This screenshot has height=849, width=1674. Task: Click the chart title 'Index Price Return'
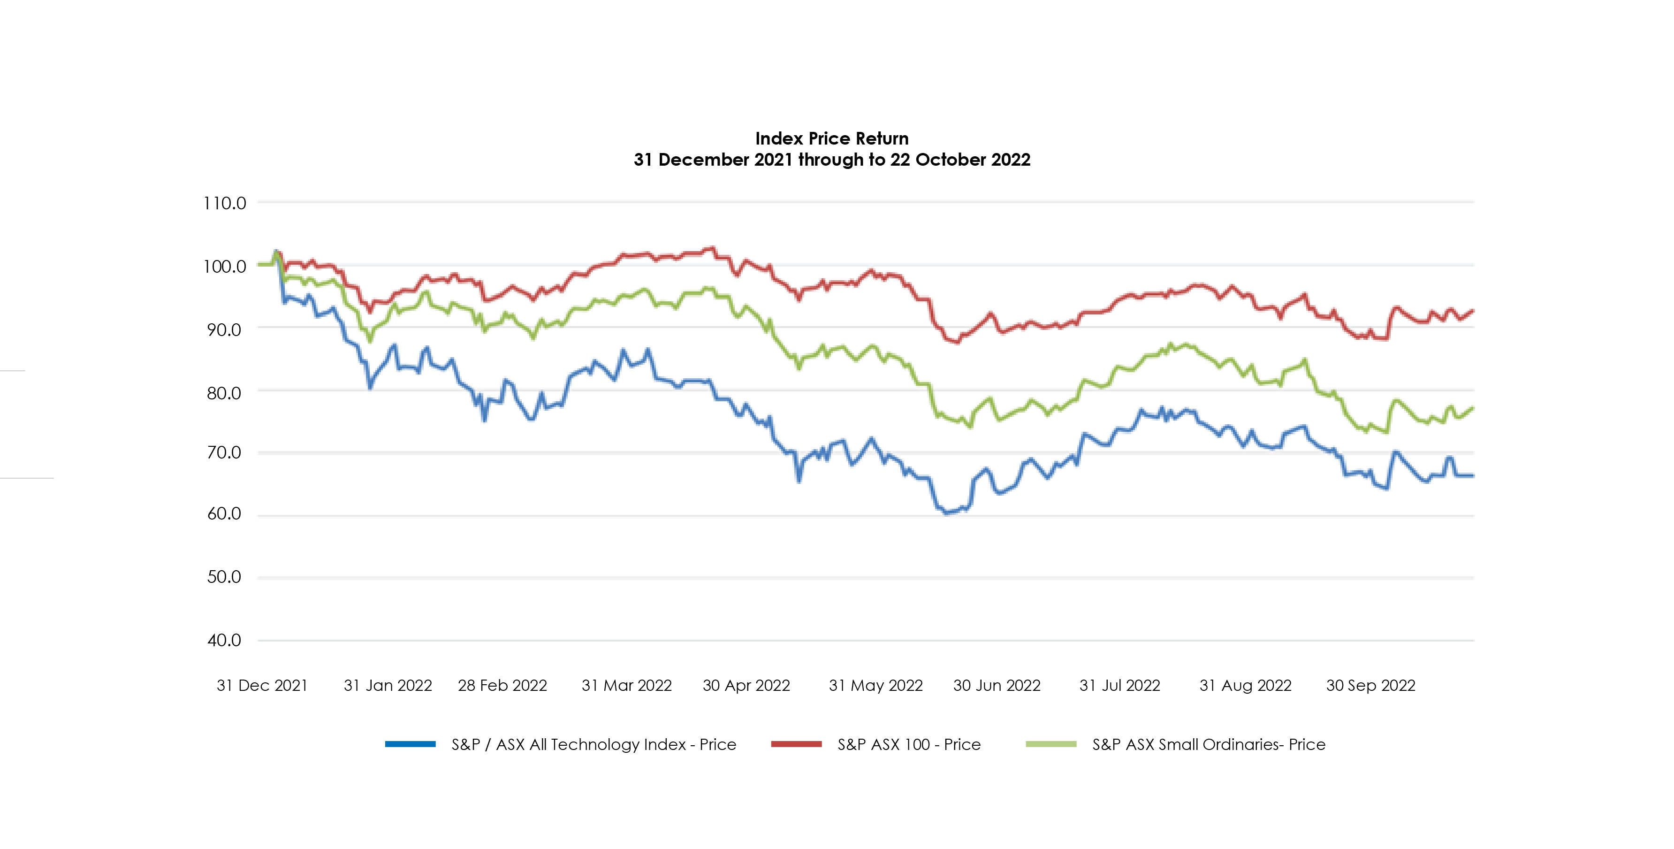click(831, 138)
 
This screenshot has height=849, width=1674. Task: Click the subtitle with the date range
click(831, 160)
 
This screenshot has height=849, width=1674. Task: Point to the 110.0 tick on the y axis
click(225, 204)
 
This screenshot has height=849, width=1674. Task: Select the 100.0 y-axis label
click(225, 267)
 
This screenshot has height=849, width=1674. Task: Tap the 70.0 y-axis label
click(224, 452)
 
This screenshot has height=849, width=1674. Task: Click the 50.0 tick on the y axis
click(224, 577)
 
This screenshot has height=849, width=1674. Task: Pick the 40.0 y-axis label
click(224, 640)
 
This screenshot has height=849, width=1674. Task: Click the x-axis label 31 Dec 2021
click(262, 685)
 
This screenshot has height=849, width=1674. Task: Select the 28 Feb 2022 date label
click(502, 685)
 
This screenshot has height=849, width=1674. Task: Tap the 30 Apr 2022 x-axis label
click(746, 685)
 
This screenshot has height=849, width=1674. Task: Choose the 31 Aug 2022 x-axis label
click(1245, 685)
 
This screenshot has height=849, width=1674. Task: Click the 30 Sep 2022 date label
click(1370, 685)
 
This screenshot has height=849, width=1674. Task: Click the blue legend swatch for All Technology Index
click(410, 744)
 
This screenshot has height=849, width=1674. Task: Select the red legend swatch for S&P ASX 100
click(796, 744)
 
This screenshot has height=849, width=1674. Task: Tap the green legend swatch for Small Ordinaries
click(1051, 744)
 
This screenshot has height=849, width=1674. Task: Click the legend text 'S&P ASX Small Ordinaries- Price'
click(1209, 744)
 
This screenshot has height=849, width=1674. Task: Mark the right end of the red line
click(1473, 311)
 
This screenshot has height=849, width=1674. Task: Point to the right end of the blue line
click(1473, 476)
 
